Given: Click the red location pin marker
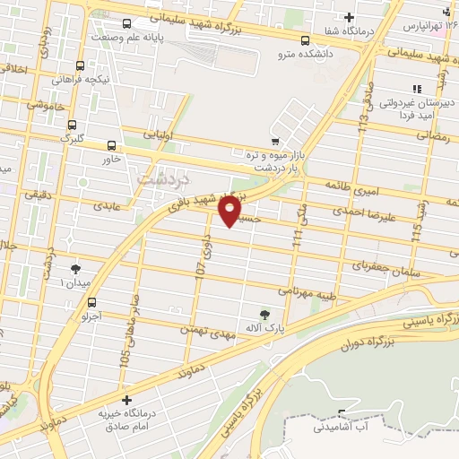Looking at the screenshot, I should (x=229, y=210).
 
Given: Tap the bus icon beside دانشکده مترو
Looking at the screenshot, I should (x=306, y=40).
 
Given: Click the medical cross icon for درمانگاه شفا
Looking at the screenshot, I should (x=349, y=17).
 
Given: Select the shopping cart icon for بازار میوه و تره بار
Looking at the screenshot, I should (x=275, y=142).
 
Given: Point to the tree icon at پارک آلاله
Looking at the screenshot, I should (x=264, y=314).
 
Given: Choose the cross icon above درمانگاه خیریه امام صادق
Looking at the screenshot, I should (x=126, y=400).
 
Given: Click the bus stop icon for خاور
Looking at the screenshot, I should (x=112, y=145).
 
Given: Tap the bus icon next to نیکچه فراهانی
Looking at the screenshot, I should (x=81, y=66).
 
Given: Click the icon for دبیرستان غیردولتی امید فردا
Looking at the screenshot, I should (x=415, y=89).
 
